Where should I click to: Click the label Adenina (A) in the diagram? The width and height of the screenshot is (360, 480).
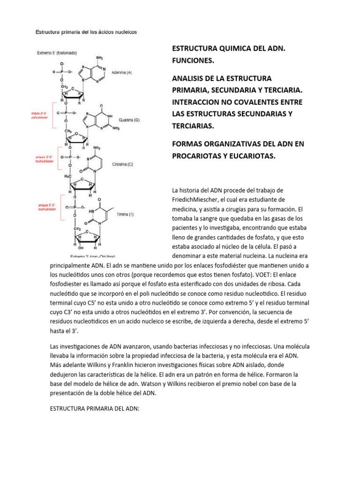pos(122,73)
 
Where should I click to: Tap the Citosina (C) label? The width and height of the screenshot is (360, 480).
pos(123,164)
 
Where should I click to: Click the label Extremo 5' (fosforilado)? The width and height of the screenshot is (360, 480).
pos(58,53)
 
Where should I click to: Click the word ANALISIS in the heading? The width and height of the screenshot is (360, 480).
pos(189,77)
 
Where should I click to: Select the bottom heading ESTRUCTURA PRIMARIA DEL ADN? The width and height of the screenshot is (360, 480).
pos(95,408)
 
